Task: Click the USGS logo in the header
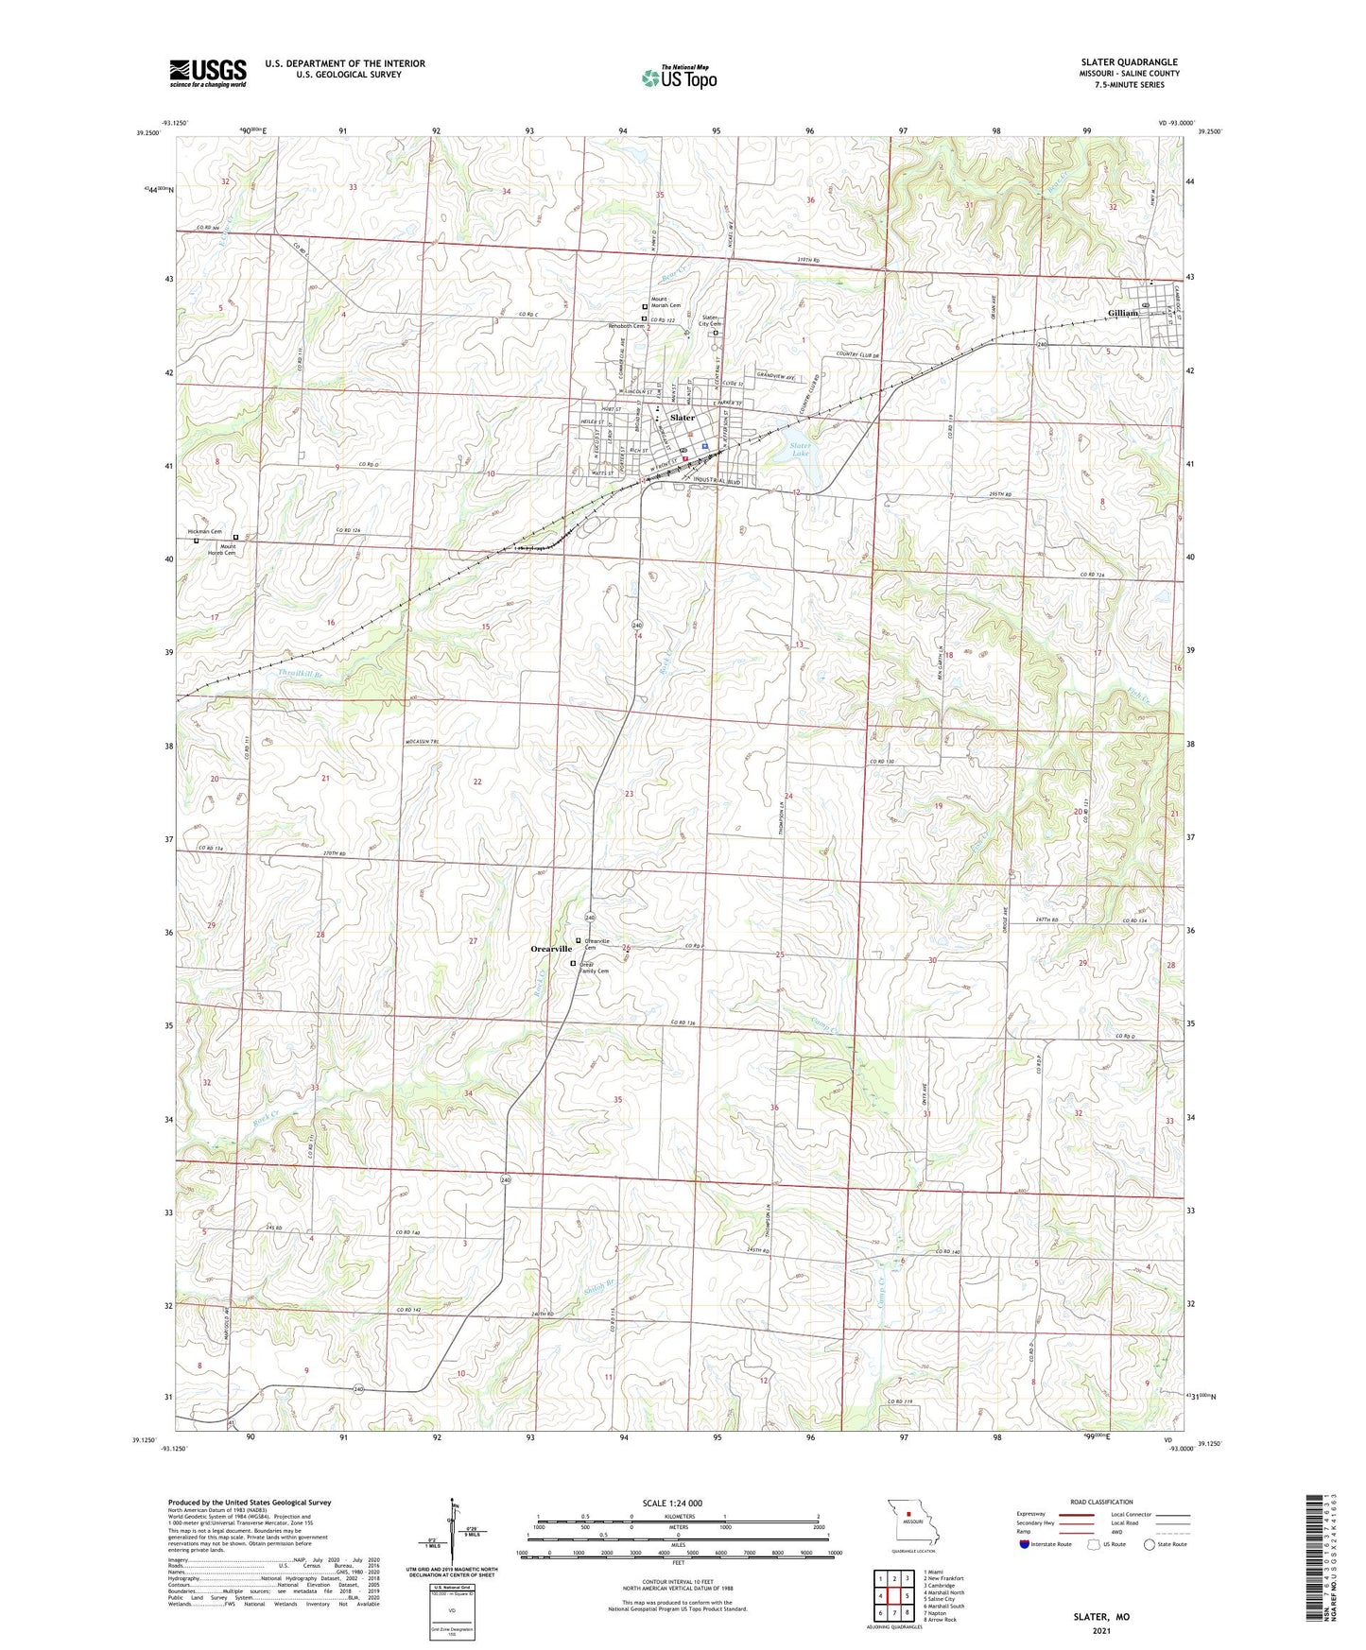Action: pos(208,73)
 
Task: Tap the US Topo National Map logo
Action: pos(679,77)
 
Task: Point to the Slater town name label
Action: pos(683,417)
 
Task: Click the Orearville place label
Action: pos(550,948)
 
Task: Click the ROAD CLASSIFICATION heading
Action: pos(1102,1502)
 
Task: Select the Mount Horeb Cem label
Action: pos(227,549)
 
